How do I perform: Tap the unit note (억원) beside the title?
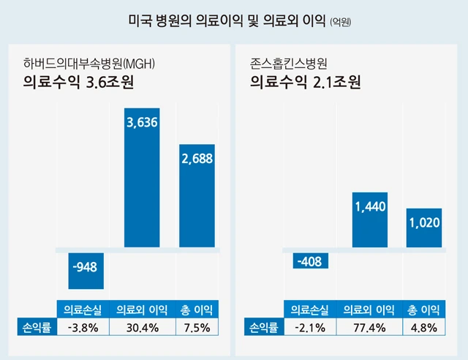[336, 22]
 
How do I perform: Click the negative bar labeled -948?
[86, 270]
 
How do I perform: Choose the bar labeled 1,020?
[423, 228]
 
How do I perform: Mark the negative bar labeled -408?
[311, 261]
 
